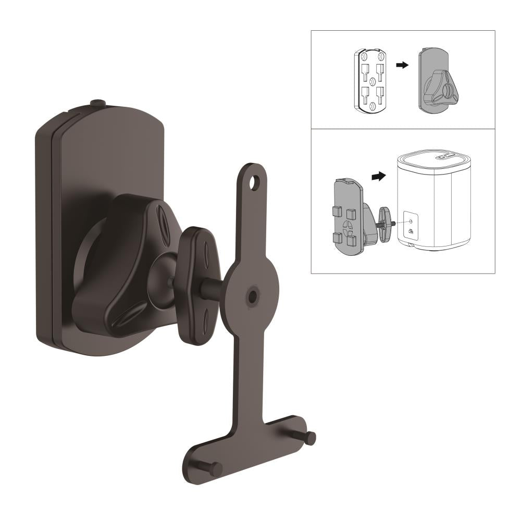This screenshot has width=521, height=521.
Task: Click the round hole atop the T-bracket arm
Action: tap(254, 182)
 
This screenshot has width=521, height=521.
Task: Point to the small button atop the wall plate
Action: tap(97, 104)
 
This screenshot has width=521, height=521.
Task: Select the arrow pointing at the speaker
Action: tap(379, 176)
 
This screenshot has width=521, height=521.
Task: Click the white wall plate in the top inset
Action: tap(370, 80)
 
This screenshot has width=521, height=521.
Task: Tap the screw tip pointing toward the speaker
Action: tap(393, 223)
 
